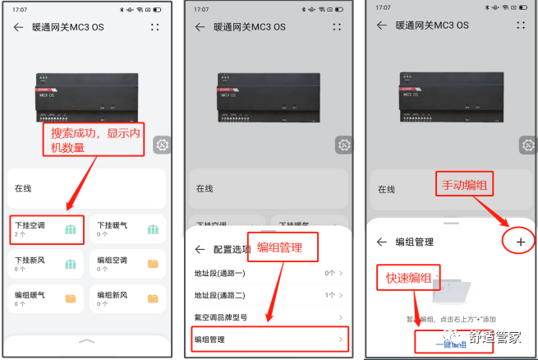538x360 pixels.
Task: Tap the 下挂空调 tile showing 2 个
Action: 47,229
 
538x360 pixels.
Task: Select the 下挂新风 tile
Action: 47,264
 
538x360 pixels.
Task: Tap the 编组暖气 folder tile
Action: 47,298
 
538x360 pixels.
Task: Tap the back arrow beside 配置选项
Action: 199,249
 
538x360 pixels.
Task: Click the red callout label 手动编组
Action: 465,187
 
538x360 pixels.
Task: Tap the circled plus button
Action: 520,242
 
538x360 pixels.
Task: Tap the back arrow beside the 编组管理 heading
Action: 381,242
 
